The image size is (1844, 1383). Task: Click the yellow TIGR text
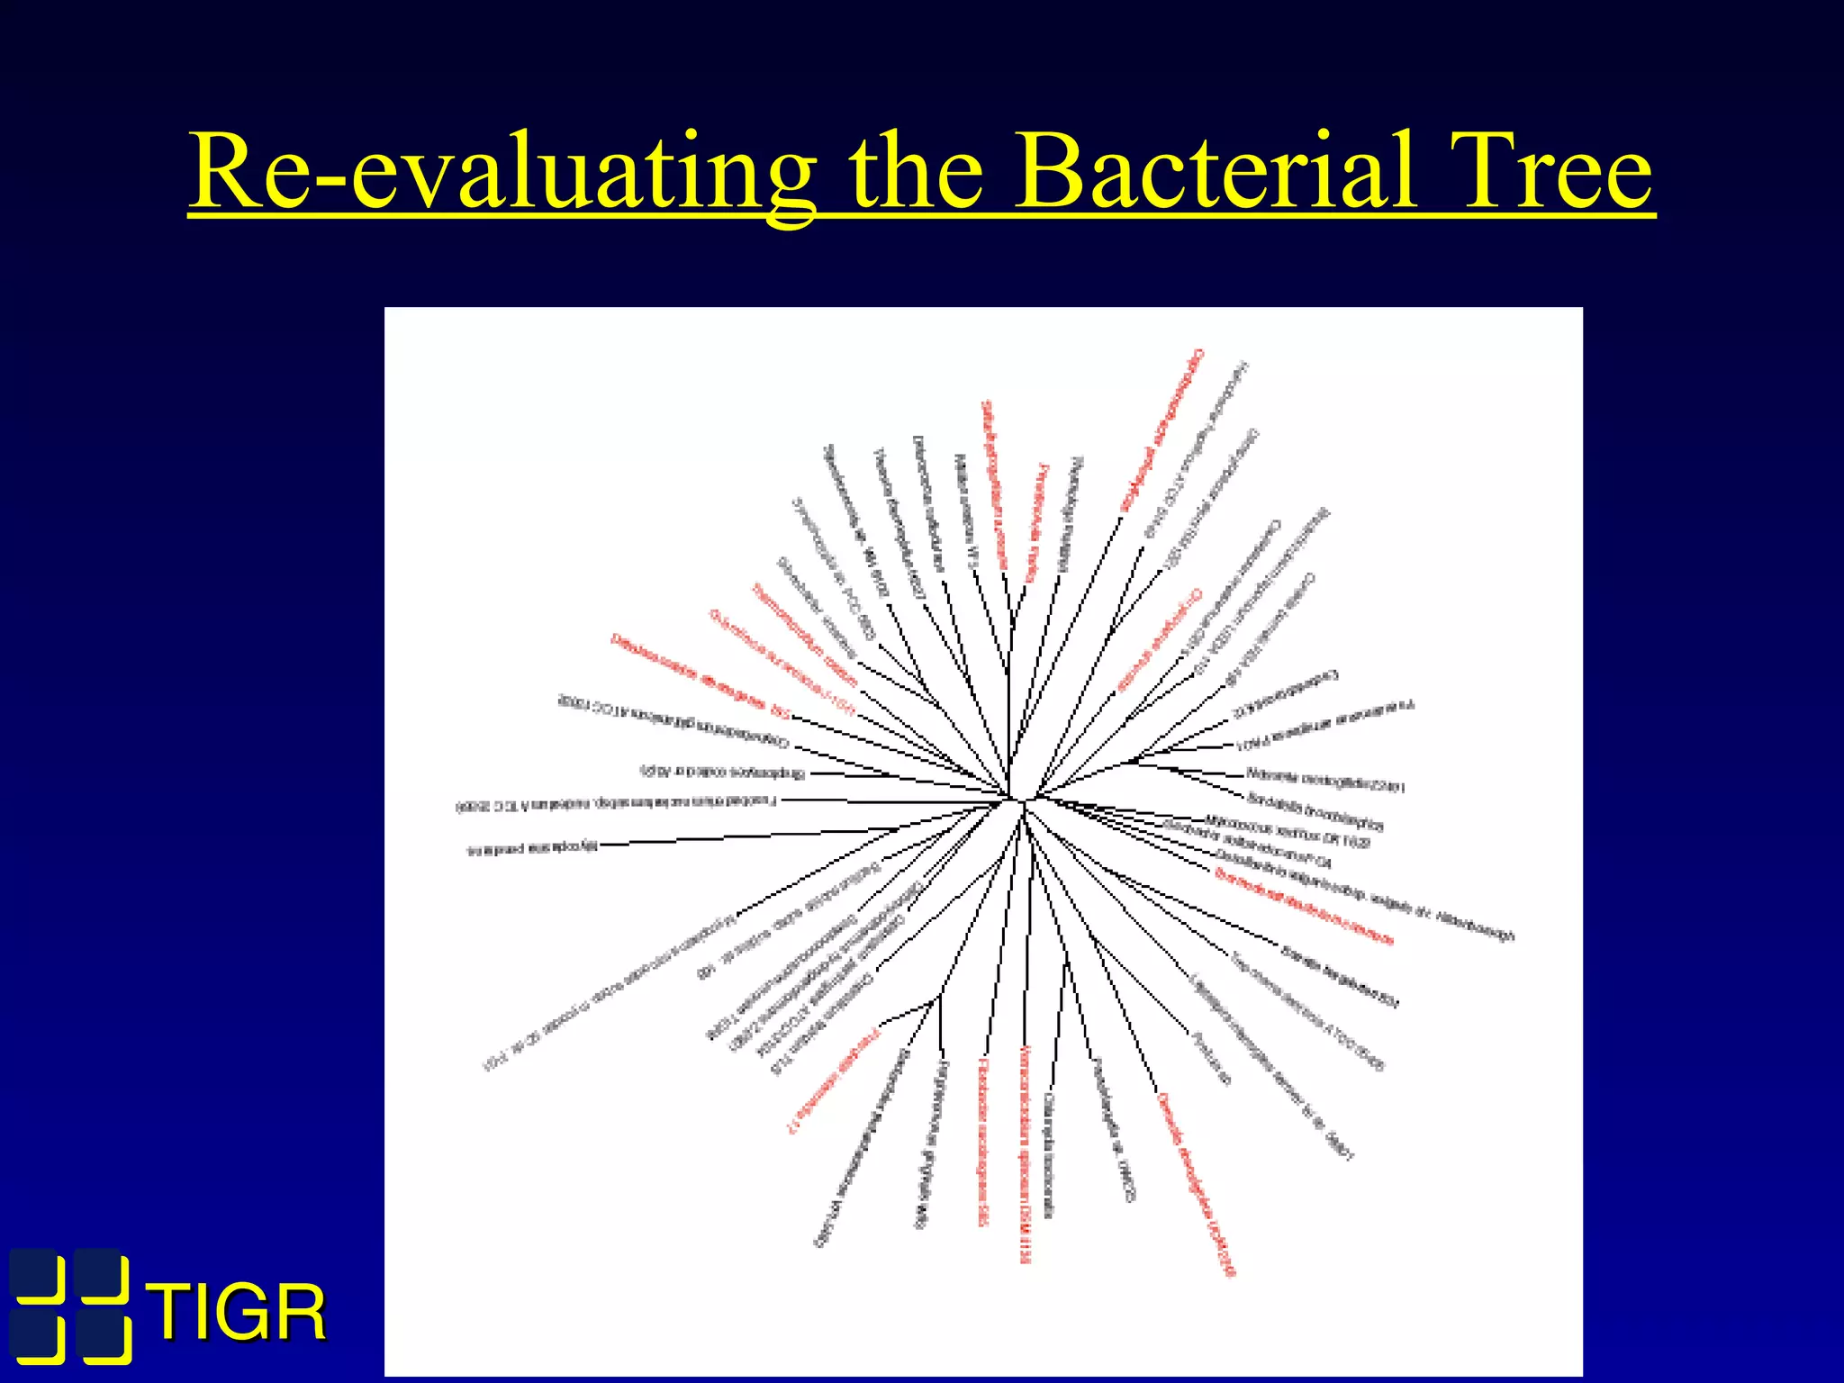(x=240, y=1314)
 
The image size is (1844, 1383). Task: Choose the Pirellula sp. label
(x=1210, y=1058)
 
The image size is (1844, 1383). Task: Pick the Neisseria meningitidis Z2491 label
(x=1325, y=780)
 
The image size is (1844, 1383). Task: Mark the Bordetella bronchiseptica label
(x=1315, y=810)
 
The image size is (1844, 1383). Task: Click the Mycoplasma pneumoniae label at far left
(x=532, y=848)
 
